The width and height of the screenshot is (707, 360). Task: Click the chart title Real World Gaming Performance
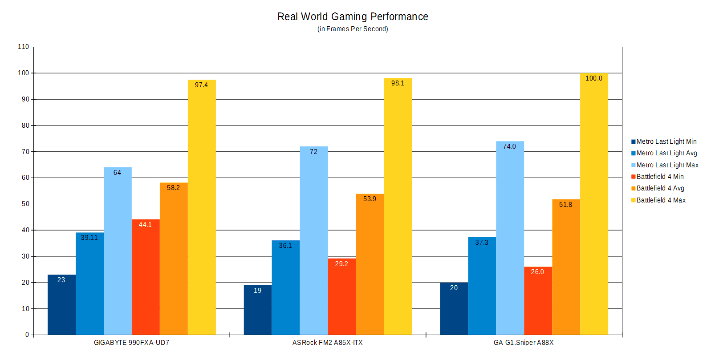(x=353, y=17)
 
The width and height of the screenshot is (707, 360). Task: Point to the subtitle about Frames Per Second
(x=353, y=29)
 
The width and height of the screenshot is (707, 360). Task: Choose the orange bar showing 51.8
(x=566, y=267)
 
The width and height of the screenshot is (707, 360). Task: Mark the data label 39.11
(x=89, y=238)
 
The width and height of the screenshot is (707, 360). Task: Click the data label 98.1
(x=398, y=83)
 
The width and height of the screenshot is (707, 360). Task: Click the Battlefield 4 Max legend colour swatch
(x=633, y=200)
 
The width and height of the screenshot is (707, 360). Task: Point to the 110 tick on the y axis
(x=24, y=47)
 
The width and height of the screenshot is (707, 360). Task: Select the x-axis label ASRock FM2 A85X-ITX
(x=327, y=343)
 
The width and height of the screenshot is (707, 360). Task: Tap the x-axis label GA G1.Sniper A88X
(x=524, y=343)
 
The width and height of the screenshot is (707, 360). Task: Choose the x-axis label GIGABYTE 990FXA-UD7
(x=131, y=343)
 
